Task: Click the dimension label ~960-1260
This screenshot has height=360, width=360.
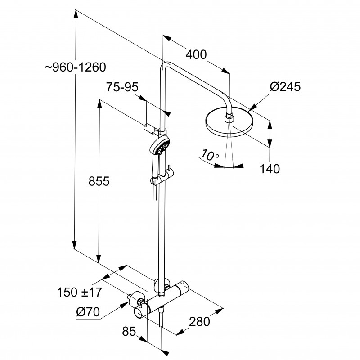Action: point(75,67)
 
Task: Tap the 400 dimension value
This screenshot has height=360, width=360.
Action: point(196,55)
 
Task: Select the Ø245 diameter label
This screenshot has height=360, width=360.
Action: point(286,87)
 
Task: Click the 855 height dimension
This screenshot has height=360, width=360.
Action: point(99,181)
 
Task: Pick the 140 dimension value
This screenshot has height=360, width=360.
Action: point(270,169)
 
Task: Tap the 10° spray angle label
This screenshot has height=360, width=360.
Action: point(210,155)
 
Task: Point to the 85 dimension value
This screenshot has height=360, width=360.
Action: point(129,333)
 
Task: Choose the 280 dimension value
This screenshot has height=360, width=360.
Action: point(200,321)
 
